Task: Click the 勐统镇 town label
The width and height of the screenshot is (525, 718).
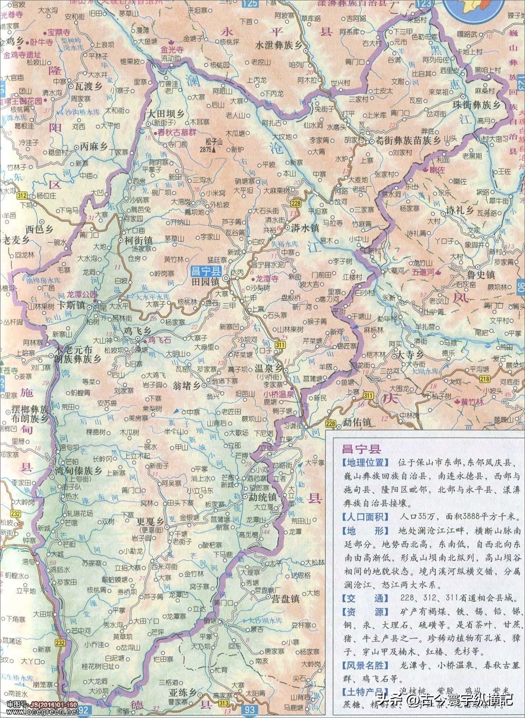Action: pos(264,496)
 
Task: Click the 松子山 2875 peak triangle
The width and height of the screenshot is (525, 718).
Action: pos(214,150)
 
